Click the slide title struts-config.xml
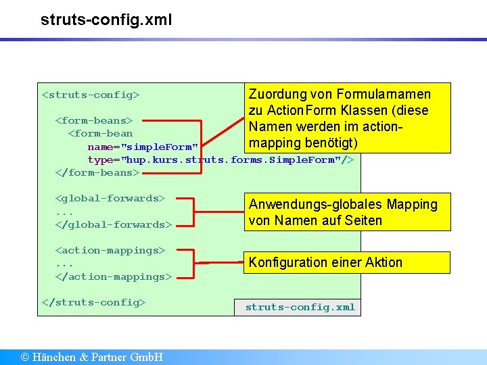click(x=106, y=20)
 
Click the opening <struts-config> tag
click(x=91, y=95)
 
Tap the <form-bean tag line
click(x=100, y=133)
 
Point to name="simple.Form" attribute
click(x=143, y=147)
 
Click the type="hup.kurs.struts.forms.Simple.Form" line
click(x=221, y=160)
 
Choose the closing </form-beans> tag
click(x=96, y=172)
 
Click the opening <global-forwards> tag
click(x=110, y=198)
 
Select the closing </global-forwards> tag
click(x=113, y=224)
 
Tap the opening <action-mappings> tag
click(x=110, y=250)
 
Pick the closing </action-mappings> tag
click(x=113, y=276)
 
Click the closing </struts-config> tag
click(x=93, y=302)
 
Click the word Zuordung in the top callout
click(x=277, y=94)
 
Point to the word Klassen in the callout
click(x=371, y=110)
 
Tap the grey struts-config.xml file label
click(x=300, y=307)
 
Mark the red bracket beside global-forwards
click(x=193, y=212)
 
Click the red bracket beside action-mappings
click(x=194, y=263)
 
